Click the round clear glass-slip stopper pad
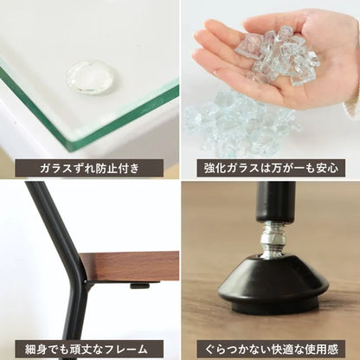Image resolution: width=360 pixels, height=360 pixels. pyautogui.click(x=90, y=77)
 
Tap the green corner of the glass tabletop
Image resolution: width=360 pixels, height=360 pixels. pyautogui.click(x=72, y=145)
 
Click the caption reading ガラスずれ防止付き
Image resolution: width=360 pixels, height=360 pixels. pyautogui.click(x=89, y=168)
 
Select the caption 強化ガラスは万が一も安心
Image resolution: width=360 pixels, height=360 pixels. pyautogui.click(x=271, y=168)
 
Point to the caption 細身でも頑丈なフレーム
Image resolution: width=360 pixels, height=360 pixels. pyautogui.click(x=86, y=350)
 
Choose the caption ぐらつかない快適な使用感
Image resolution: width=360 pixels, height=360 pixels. pyautogui.click(x=271, y=350)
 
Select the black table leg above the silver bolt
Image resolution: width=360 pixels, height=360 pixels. pyautogui.click(x=276, y=202)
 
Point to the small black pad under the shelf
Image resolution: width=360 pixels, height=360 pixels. pyautogui.click(x=139, y=286)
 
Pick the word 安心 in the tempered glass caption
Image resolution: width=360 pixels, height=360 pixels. pyautogui.click(x=327, y=168)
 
